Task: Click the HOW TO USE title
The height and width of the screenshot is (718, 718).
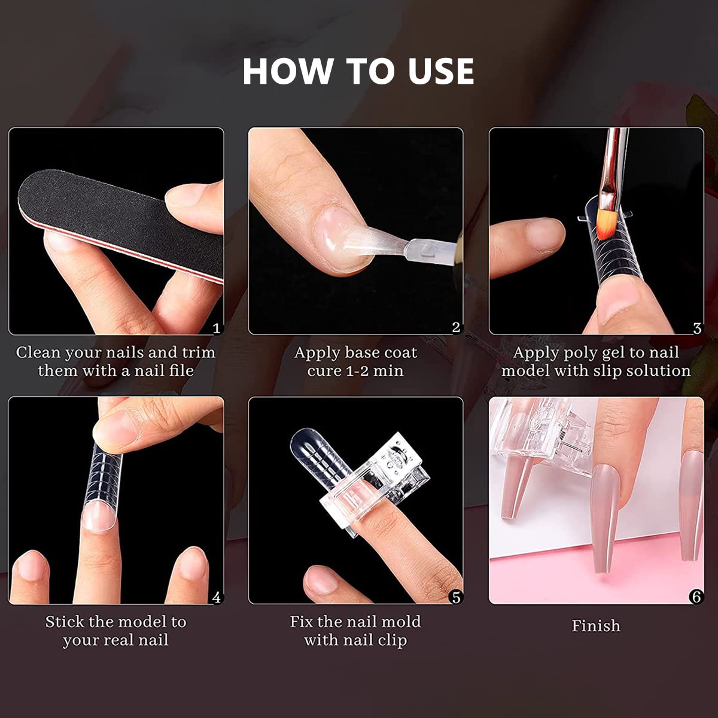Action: point(358,71)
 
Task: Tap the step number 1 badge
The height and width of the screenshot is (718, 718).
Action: point(217,328)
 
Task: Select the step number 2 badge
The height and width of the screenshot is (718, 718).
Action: point(457,327)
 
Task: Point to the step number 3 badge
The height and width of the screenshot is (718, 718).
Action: point(697,328)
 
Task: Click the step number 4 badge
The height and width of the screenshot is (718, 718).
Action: point(217,597)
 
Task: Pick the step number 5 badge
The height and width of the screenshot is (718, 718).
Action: point(457,597)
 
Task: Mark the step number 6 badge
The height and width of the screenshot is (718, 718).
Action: point(696,597)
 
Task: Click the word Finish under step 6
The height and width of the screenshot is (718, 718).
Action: point(595,626)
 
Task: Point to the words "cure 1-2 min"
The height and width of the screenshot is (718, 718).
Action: point(355,371)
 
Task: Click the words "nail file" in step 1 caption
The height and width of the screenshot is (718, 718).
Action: point(164,371)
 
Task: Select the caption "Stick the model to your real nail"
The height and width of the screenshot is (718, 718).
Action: point(115,631)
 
